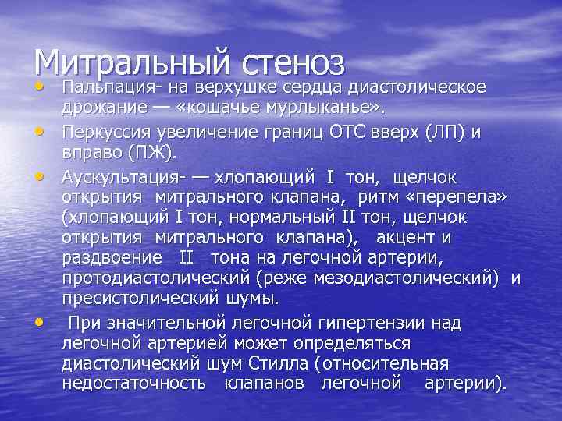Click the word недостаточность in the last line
click(x=133, y=383)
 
